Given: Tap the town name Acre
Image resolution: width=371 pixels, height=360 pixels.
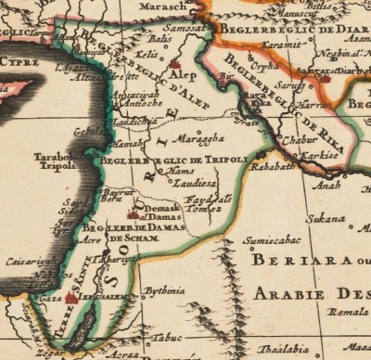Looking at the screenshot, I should [90, 238].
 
